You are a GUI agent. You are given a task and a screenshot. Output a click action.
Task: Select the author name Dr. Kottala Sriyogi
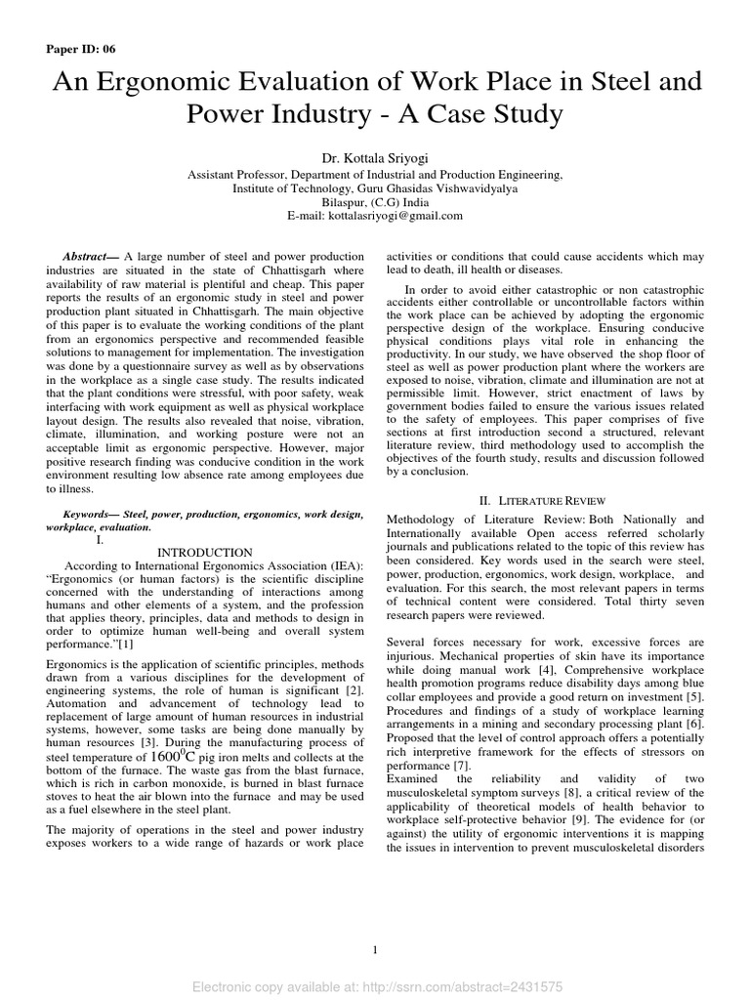(375, 158)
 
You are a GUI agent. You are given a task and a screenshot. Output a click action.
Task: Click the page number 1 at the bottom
(375, 950)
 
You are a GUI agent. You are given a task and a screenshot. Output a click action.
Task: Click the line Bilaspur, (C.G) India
(375, 202)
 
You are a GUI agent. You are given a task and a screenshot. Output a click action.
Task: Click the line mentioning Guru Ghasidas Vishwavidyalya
(375, 188)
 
